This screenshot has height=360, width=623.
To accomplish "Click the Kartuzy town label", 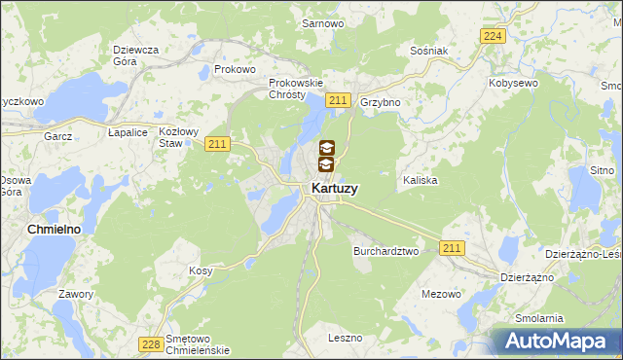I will pyautogui.click(x=333, y=189).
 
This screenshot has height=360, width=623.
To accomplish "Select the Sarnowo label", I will pyautogui.click(x=320, y=22).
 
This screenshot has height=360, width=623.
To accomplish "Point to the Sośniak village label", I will pyautogui.click(x=427, y=50).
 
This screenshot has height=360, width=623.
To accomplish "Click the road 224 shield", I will pyautogui.click(x=493, y=36).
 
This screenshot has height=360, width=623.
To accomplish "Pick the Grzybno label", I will pyautogui.click(x=381, y=102).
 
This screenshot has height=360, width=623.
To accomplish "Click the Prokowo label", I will pyautogui.click(x=235, y=70).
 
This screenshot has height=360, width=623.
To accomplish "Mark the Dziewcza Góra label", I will pyautogui.click(x=136, y=54).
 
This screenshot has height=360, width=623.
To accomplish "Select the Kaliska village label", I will pyautogui.click(x=420, y=181).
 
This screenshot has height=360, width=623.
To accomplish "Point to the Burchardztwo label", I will pyautogui.click(x=385, y=250).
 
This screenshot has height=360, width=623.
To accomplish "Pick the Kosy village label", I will pyautogui.click(x=201, y=270).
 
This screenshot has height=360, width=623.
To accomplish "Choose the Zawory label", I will pyautogui.click(x=75, y=294).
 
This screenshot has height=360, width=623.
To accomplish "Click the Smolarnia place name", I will pyautogui.click(x=539, y=318).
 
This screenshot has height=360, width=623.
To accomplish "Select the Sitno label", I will pyautogui.click(x=605, y=170).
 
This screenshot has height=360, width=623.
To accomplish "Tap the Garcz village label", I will pyautogui.click(x=57, y=136).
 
